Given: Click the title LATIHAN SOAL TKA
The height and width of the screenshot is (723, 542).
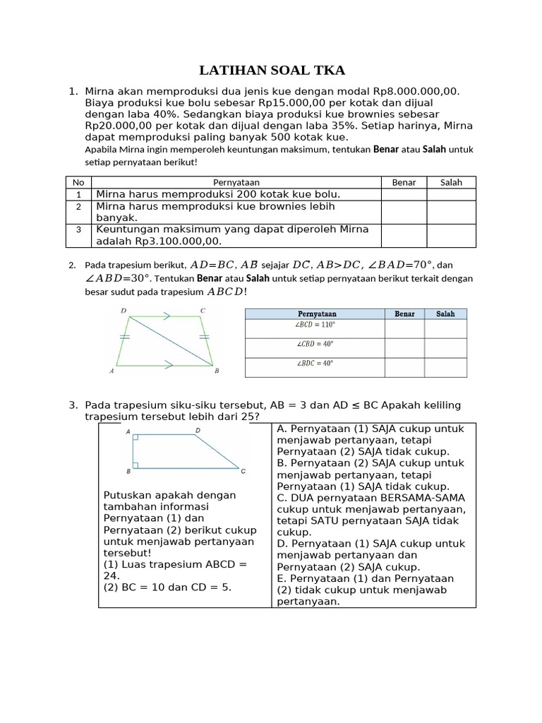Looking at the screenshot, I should coord(272,70).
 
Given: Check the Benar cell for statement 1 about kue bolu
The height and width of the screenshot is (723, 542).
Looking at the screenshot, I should coord(404,194).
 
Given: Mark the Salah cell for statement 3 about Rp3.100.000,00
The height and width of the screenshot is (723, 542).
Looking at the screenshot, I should coord(451,235).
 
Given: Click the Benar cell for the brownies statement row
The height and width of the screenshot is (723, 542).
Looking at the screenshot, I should coord(404,212).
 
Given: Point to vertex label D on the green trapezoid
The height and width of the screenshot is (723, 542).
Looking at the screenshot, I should coord(124,311).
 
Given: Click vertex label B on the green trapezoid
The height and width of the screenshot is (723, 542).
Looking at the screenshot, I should coord(217,371).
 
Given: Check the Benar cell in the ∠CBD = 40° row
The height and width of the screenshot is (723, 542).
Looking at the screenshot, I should coord(404,347).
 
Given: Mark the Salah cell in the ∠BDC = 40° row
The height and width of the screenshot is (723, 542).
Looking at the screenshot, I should coord(445,367).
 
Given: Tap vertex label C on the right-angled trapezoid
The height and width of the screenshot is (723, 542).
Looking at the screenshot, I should coord(243,471).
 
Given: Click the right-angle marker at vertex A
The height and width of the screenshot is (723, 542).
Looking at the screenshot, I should coord(135,438).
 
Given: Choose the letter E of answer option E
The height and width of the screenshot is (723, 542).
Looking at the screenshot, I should coord(280,578).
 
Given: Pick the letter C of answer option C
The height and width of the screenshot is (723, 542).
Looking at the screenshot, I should coord(280,498).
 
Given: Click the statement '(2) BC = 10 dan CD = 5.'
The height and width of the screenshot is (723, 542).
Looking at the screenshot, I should coord(167,587).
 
